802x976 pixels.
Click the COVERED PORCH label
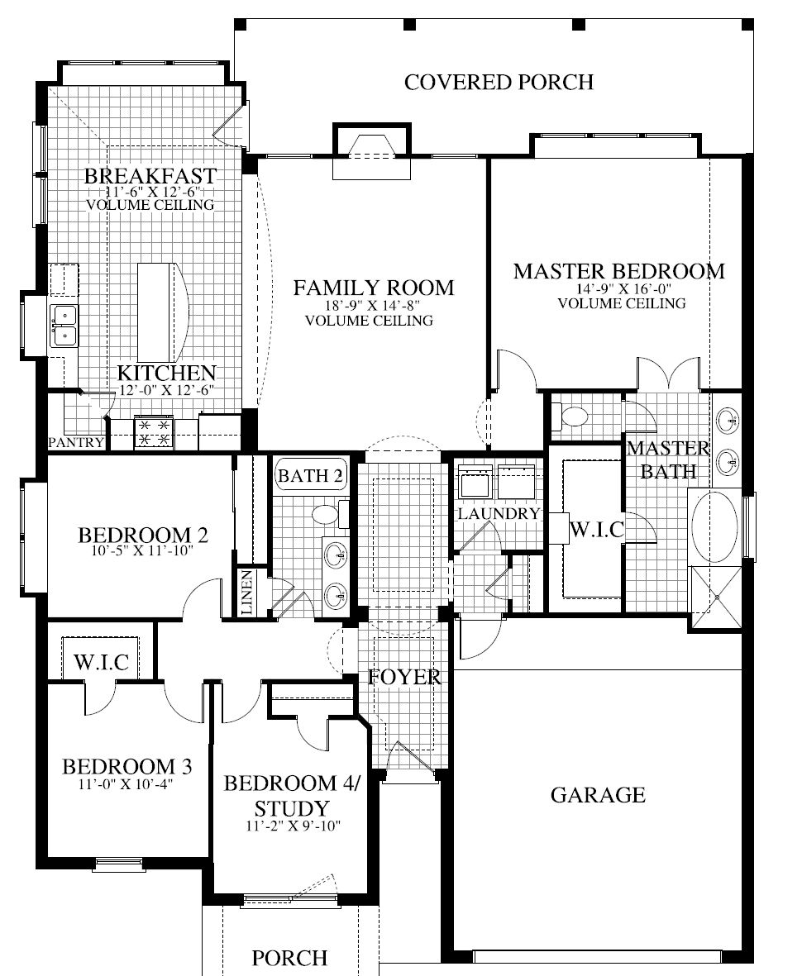pos(499,82)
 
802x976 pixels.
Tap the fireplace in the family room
pos(370,150)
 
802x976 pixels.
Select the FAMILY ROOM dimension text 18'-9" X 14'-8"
pos(374,306)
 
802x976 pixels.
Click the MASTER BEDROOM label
pos(618,271)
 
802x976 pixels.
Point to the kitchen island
pos(158,307)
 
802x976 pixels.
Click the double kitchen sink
pos(64,325)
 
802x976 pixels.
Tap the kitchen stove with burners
pos(155,431)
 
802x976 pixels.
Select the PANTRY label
pos(76,443)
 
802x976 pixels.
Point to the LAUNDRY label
pos(499,514)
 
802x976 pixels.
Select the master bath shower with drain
pos(716,597)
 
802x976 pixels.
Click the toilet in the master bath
pos(569,416)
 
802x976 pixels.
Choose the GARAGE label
pos(598,795)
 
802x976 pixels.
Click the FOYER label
pos(404,677)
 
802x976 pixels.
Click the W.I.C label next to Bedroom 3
pos(101,662)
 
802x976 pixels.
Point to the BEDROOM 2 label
pos(142,534)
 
